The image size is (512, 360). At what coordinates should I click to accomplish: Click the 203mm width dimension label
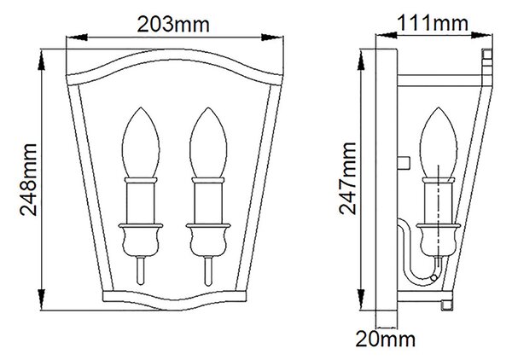173,24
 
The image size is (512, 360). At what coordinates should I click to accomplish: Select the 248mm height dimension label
28,179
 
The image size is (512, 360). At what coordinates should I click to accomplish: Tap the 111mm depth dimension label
433,23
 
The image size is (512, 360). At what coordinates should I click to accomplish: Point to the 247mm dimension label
347,178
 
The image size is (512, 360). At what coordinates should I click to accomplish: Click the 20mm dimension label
386,340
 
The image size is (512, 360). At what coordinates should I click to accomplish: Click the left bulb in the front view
141,142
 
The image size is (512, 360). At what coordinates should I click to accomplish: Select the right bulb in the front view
208,142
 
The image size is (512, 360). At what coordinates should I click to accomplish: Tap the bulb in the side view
439,142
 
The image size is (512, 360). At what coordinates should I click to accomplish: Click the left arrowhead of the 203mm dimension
77,38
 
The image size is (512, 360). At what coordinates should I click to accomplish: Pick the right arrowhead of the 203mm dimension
272,38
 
